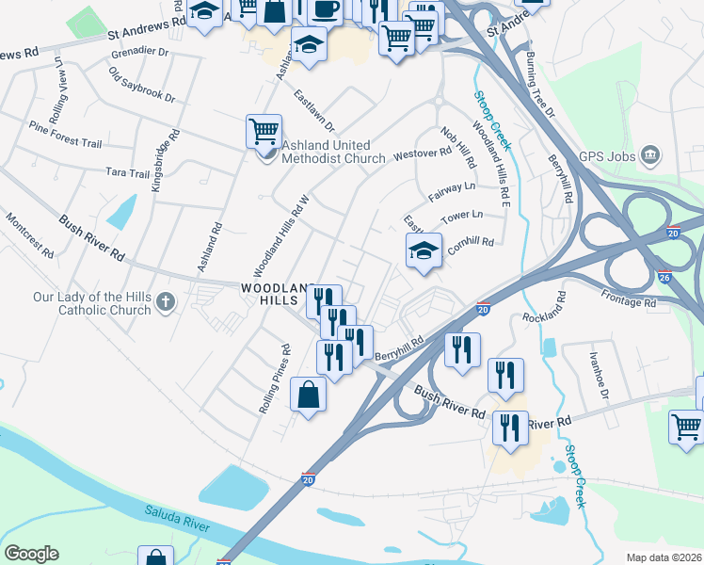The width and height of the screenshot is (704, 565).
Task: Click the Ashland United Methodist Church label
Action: click(333, 152)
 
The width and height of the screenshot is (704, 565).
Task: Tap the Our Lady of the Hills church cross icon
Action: click(166, 302)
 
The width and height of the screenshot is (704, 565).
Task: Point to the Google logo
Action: click(31, 554)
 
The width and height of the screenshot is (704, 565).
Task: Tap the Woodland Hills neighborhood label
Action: click(274, 293)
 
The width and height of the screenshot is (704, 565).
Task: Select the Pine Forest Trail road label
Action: click(65, 135)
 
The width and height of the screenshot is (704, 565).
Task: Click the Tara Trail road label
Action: click(127, 173)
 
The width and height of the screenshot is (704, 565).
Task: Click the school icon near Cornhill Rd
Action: click(424, 250)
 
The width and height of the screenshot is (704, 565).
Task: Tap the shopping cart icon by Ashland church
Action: click(264, 130)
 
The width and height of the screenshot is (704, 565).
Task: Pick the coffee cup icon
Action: click(326, 9)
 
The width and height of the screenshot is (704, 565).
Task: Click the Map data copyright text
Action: click(663, 557)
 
